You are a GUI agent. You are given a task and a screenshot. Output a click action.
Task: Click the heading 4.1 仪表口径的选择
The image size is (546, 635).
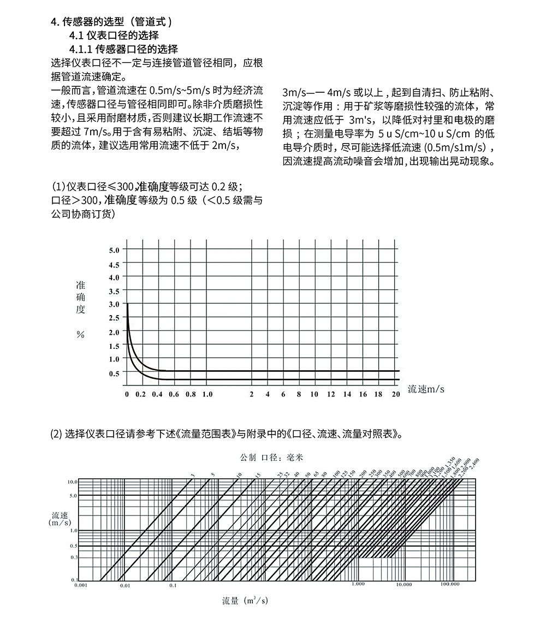114,35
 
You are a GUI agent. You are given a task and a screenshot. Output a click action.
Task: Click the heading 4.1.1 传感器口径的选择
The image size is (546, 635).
123,49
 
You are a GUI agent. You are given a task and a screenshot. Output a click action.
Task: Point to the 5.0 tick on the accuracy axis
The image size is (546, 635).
114,251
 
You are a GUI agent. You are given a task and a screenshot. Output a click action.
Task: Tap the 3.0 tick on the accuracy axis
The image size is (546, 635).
114,304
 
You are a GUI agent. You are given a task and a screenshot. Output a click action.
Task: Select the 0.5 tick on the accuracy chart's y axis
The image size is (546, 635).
114,373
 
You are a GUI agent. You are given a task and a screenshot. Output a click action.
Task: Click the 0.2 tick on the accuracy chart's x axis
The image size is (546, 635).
141,394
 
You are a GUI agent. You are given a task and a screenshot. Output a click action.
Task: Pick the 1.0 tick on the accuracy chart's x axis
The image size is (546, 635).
207,394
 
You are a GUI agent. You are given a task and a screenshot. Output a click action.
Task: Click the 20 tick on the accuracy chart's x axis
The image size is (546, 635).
396,394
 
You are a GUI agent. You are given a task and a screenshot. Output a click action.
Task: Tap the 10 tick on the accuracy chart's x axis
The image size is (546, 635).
314,394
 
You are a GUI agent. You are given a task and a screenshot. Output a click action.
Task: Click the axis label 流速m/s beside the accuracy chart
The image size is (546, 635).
426,389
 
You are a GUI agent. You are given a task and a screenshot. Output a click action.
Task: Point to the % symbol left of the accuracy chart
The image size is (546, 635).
80,335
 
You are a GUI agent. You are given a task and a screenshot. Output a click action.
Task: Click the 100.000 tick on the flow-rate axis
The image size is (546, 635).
450,584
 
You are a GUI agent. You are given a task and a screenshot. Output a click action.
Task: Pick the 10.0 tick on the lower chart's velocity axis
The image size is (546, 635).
72,483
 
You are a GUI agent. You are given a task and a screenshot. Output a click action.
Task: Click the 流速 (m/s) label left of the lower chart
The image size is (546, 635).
60,519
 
